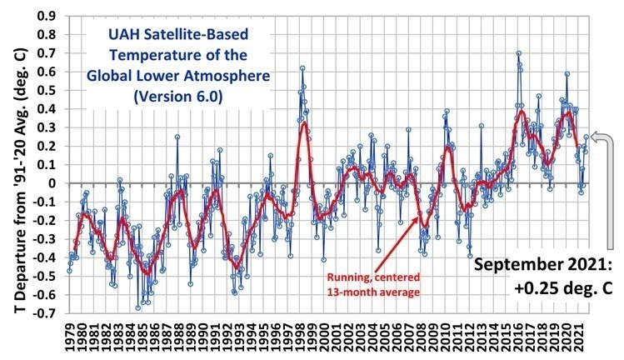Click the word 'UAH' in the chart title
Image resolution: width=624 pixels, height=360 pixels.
(120, 37)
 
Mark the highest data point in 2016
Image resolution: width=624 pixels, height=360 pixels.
(518, 53)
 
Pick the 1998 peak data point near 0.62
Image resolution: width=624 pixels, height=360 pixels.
(302, 68)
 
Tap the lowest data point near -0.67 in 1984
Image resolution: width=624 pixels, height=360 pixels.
(137, 307)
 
